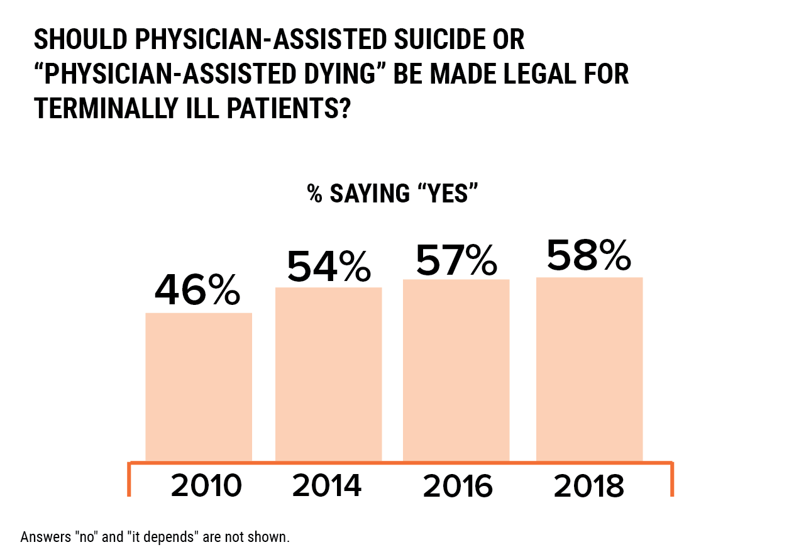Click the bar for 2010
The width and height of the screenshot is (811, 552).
point(199,387)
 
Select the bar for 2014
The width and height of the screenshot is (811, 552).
point(328,374)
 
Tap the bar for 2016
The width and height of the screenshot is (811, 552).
point(456,370)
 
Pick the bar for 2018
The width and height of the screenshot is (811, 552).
point(589,369)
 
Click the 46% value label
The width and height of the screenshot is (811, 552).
point(197,290)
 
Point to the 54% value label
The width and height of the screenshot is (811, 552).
point(328,266)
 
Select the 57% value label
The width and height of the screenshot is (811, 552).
point(456,260)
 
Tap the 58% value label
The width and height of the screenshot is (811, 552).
point(588,255)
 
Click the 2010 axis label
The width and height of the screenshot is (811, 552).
point(206,486)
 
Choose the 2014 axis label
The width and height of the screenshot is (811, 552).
point(327,486)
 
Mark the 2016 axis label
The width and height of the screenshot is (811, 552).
point(457,486)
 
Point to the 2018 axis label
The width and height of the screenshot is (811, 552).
point(588,486)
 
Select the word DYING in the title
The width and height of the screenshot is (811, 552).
point(341,74)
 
